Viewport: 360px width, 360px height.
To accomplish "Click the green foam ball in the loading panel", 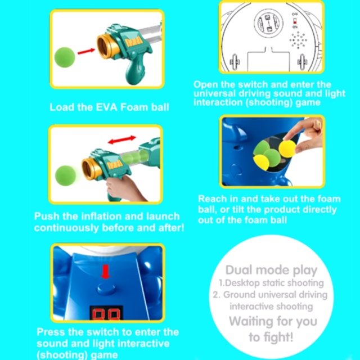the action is (x=65, y=57).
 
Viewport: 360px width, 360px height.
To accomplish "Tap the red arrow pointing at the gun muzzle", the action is (x=86, y=51).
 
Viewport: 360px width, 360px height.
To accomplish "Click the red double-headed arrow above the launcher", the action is (x=122, y=139).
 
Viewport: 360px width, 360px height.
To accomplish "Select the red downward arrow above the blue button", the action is (x=106, y=272).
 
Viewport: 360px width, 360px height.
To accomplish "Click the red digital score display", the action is (x=106, y=313).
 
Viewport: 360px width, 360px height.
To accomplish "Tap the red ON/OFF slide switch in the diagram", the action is (x=295, y=21).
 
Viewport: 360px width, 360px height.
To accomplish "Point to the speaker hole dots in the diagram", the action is (x=298, y=40).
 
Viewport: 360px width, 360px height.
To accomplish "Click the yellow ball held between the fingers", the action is (x=287, y=148).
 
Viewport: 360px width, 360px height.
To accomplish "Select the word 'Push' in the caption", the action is (x=47, y=216).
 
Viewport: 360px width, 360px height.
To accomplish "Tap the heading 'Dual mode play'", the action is (x=271, y=270).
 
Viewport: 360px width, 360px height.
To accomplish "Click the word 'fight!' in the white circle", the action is (x=278, y=337).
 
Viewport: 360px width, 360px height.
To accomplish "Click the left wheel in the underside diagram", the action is (x=235, y=61).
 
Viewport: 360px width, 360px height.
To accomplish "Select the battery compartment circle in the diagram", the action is (x=268, y=23).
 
